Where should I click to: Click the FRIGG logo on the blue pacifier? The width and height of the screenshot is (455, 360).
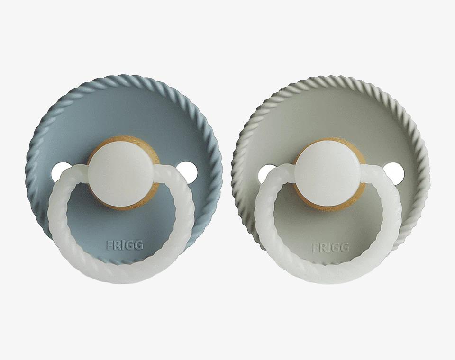125,246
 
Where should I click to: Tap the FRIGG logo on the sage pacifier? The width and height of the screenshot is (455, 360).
330,248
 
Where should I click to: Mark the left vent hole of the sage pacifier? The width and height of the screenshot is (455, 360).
265,173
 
